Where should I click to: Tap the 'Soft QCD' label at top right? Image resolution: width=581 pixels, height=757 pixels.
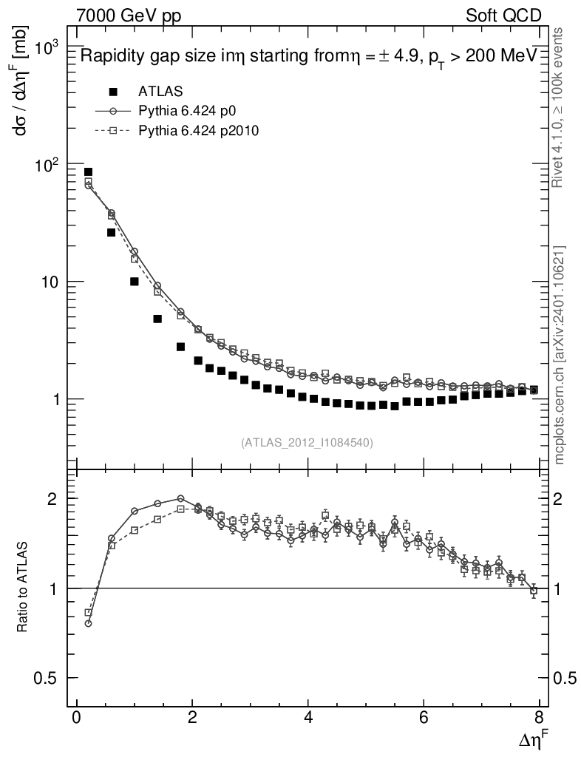coord(504,15)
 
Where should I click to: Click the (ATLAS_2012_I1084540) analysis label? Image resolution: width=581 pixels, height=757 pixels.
coord(307,443)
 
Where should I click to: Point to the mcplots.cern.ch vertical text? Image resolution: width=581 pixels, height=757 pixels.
coord(560,355)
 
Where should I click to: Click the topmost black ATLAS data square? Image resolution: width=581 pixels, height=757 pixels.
coord(88,172)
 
